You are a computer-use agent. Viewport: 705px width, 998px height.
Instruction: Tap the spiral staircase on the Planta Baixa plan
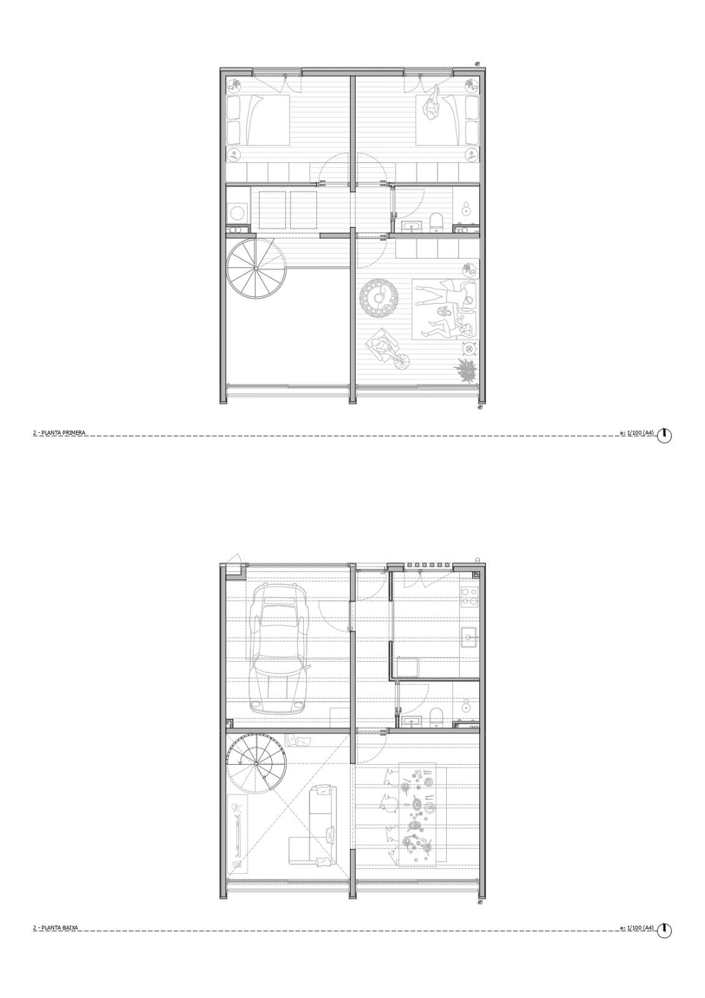(255, 763)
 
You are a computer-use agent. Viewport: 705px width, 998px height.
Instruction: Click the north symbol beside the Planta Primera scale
(664, 435)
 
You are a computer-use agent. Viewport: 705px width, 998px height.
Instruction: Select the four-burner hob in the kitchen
(469, 597)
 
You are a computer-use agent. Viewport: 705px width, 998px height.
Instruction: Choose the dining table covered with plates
(417, 814)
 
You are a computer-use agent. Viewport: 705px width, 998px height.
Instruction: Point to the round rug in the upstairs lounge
(379, 298)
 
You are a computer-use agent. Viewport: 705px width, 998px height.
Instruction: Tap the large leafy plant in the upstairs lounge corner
(465, 371)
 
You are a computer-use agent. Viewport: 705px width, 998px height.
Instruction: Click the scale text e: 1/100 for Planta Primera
(637, 432)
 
